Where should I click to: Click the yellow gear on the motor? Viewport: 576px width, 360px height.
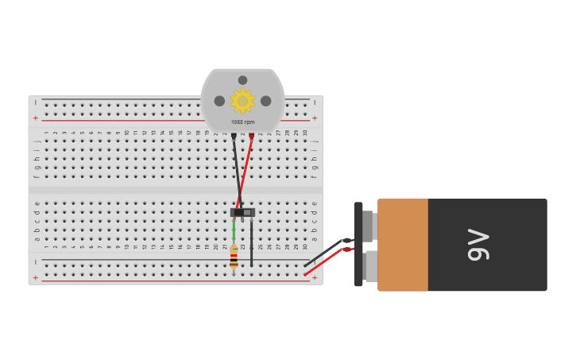[x=242, y=101]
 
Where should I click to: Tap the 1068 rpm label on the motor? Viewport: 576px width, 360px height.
[x=242, y=122]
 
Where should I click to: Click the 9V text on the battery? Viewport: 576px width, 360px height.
[x=478, y=244]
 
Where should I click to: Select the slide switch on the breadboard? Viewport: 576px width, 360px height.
[x=242, y=212]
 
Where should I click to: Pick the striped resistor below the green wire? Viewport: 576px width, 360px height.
[x=234, y=257]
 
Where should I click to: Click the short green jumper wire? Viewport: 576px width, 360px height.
[x=234, y=230]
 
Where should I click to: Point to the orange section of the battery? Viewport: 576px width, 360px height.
[x=403, y=244]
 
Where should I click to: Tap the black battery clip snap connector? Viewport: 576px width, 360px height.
[x=358, y=244]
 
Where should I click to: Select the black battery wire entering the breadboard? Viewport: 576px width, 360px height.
[x=324, y=254]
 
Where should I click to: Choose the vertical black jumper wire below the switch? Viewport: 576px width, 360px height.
[x=252, y=242]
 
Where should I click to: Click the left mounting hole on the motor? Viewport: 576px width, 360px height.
[x=219, y=101]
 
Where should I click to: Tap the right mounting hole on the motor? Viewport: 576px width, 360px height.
[x=265, y=101]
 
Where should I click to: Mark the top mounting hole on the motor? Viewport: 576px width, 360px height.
[x=242, y=80]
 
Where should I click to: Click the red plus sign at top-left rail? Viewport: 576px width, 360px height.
[x=35, y=118]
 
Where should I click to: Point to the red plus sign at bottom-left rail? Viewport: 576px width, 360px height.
[x=35, y=277]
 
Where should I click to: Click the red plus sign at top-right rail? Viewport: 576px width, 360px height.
[x=315, y=118]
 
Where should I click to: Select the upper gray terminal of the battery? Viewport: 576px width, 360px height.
[x=368, y=226]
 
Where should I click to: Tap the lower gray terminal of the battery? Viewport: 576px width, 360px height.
[x=371, y=265]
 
